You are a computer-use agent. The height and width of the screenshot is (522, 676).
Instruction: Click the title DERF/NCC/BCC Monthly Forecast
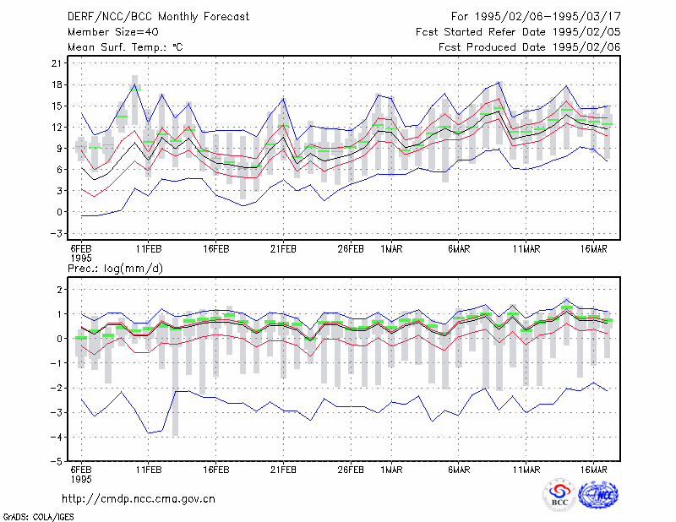click(x=158, y=17)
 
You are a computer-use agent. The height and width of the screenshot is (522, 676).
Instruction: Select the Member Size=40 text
click(x=113, y=32)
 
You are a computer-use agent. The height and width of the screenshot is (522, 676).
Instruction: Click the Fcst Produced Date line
click(x=530, y=47)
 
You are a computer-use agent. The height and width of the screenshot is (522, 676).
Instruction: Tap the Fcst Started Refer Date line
click(x=518, y=32)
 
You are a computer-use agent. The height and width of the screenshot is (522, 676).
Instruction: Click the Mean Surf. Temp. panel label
click(x=125, y=47)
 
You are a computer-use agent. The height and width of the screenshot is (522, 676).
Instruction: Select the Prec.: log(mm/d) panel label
click(x=115, y=269)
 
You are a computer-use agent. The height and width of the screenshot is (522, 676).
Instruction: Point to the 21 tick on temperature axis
click(x=57, y=63)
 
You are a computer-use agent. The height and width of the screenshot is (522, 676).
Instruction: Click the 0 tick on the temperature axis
click(x=59, y=212)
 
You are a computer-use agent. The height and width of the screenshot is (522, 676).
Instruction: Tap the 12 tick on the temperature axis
click(x=57, y=128)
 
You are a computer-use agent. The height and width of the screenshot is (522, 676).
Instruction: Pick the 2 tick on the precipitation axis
click(x=59, y=290)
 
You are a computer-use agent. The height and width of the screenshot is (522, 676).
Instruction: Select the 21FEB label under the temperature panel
click(x=283, y=249)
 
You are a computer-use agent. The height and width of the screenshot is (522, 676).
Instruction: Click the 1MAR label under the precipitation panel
click(x=391, y=470)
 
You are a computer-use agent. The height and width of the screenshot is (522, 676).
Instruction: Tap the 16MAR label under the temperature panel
click(x=594, y=249)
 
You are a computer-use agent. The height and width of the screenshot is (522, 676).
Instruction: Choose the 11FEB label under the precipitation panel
click(x=149, y=470)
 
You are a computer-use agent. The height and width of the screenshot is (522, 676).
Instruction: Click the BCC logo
click(x=559, y=495)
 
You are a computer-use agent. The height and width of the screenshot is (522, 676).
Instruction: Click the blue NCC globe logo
click(x=598, y=495)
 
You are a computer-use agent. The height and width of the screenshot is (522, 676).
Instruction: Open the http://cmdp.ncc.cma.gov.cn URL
click(x=139, y=499)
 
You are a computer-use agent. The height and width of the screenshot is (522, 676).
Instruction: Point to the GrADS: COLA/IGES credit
click(x=38, y=517)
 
